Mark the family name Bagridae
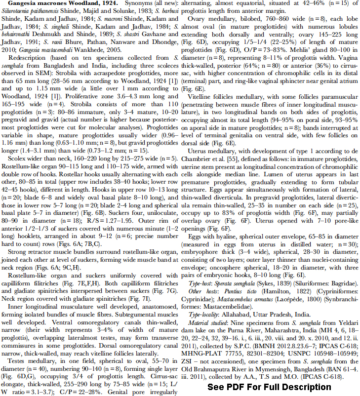(x=344, y=284)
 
